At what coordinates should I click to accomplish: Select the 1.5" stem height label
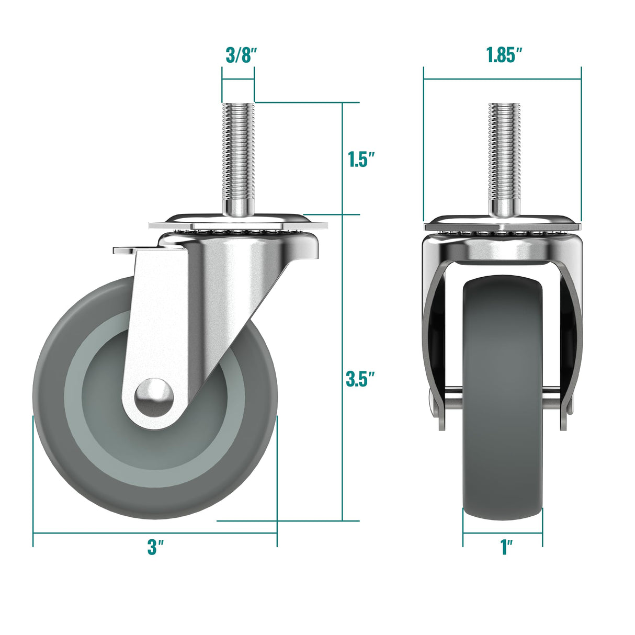pos(362,160)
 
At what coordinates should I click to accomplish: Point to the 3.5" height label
pos(361,379)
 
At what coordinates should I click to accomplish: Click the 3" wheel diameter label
pos(155,548)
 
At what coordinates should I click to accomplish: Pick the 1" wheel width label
pos(506,548)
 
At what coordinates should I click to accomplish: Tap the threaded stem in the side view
pos(238,152)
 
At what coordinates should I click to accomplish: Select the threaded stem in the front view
pos(505,152)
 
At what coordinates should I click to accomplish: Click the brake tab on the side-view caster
pos(123,251)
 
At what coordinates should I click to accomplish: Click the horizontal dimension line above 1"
pos(502,533)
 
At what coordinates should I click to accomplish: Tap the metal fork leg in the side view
pos(157,324)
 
